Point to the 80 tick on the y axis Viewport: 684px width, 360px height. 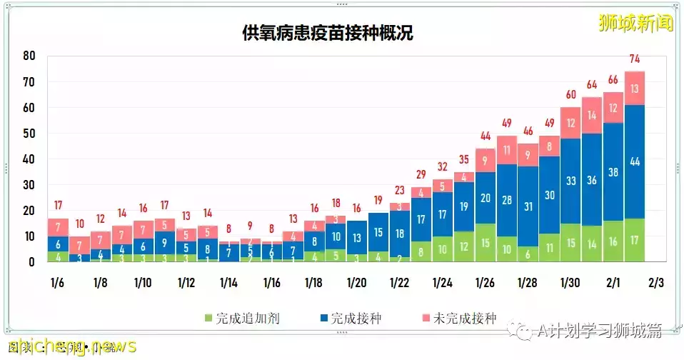pos(29,56)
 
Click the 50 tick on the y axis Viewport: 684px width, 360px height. pos(29,134)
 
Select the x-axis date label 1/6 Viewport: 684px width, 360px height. pos(58,283)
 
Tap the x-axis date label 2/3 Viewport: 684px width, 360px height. pos(655,283)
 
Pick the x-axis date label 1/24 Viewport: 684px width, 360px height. pos(443,283)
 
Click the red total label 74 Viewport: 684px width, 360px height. pos(635,59)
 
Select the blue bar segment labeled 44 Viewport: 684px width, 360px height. pos(635,162)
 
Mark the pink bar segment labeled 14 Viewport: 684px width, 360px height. pos(592,115)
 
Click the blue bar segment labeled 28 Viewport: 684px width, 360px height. pos(507,200)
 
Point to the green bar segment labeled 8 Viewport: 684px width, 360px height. pos(421,252)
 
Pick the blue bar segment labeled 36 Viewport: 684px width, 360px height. pos(592,180)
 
